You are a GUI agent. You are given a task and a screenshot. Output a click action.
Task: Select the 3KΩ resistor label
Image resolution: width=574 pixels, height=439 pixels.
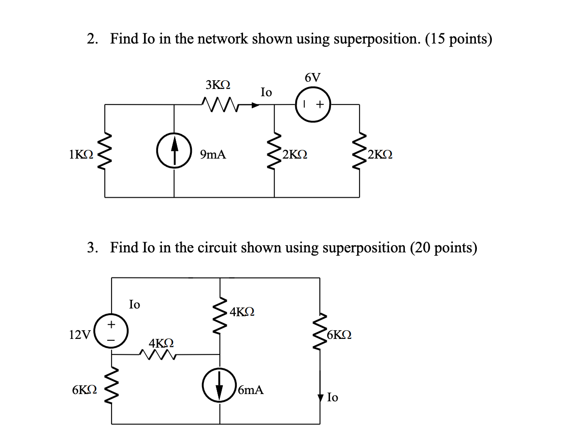pos(218,85)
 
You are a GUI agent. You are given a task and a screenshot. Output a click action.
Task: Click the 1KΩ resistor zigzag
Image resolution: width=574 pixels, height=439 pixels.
pos(105,153)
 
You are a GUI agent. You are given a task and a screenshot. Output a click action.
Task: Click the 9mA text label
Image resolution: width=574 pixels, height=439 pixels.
pos(213,155)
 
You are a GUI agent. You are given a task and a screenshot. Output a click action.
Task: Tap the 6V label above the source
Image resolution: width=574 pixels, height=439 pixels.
pos(313,77)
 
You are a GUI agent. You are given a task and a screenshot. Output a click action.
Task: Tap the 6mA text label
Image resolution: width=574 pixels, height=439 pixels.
pos(251,390)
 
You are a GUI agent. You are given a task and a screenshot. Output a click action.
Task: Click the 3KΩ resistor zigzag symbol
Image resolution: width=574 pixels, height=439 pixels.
pos(219,103)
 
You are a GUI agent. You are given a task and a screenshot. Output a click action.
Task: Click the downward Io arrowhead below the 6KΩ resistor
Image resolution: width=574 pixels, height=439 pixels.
pos(320,397)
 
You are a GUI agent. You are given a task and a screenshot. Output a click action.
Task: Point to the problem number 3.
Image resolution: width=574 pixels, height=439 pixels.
pos(92,248)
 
